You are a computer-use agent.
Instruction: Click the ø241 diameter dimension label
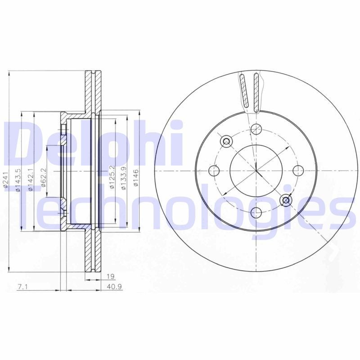[x=5, y=180]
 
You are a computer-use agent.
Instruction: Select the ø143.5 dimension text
[x=18, y=180]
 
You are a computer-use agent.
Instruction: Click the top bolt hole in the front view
[x=256, y=129]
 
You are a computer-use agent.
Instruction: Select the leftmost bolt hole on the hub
[x=213, y=171]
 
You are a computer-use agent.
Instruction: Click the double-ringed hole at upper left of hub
[x=226, y=141]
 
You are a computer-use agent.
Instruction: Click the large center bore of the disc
[x=256, y=171]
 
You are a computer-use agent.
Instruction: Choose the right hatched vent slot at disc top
[x=256, y=92]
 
